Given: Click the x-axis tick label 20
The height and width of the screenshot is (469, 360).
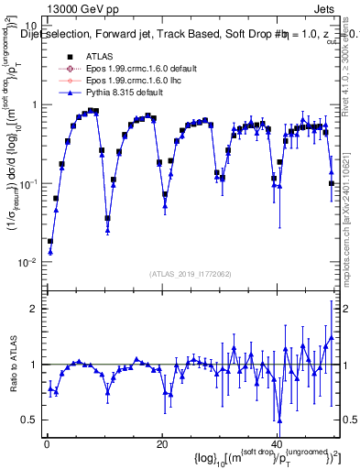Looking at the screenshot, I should [x=162, y=444].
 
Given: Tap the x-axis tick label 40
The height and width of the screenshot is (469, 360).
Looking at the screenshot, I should [x=278, y=444].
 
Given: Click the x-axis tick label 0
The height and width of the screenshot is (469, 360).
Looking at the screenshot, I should [x=46, y=444].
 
